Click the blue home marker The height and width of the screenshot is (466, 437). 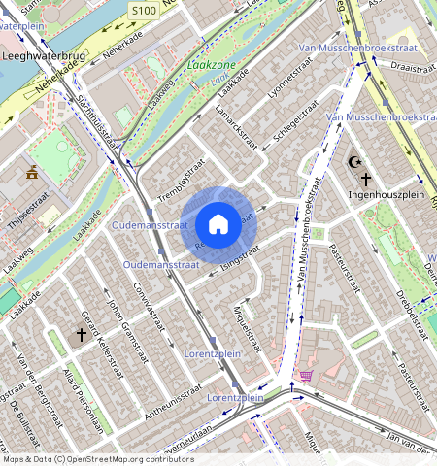coord(218,224)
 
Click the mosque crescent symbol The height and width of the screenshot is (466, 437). coord(351,166)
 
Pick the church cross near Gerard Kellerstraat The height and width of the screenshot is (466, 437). coord(82,334)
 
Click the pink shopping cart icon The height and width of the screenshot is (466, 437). coord(306,376)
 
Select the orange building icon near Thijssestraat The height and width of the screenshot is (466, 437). coord(32,173)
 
